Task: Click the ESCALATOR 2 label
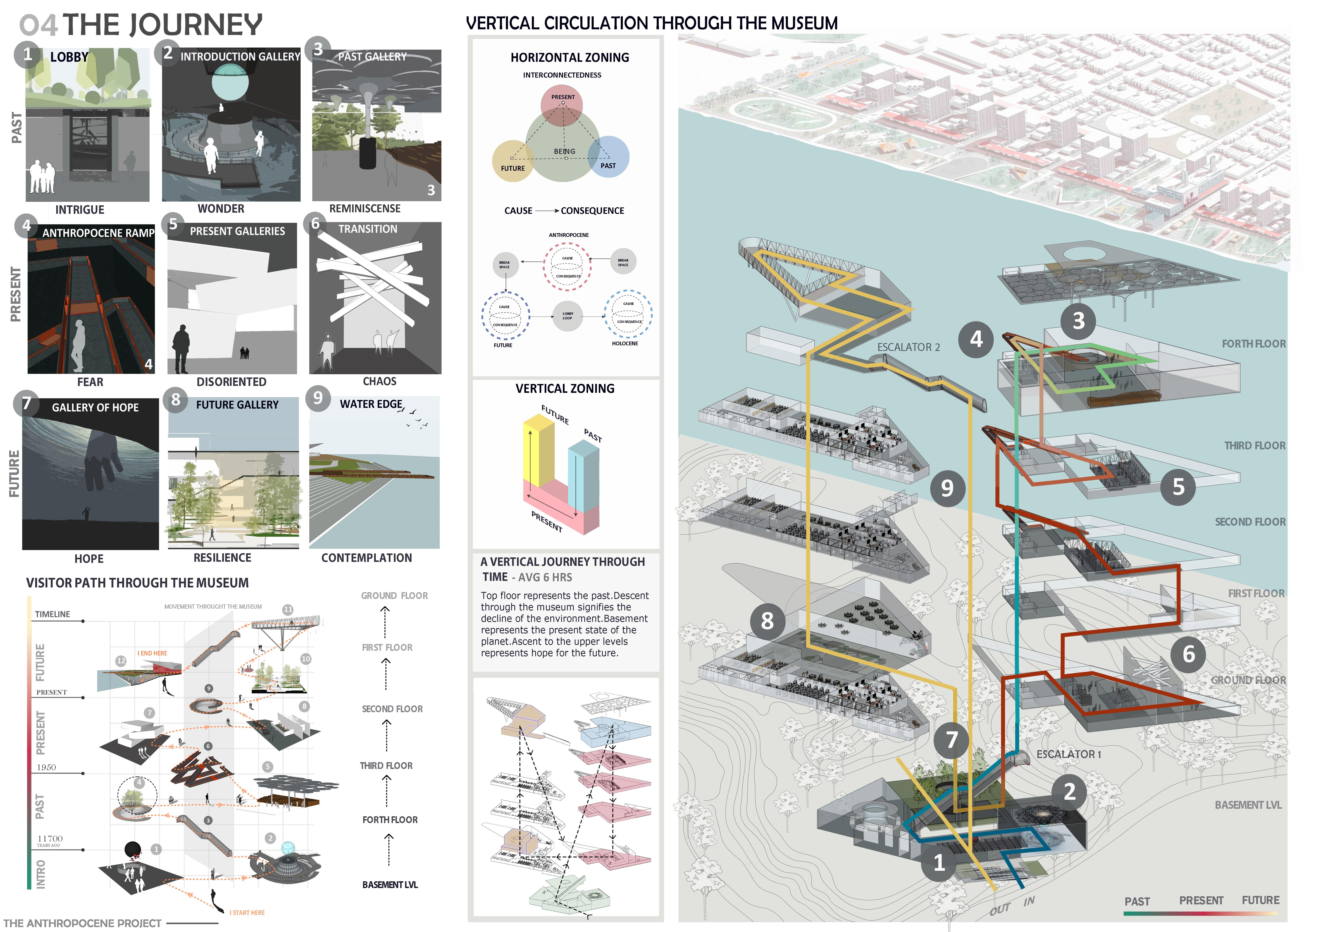(908, 347)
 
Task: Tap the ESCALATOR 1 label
(1069, 754)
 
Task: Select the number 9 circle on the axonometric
(947, 488)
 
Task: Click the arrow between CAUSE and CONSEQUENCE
(547, 211)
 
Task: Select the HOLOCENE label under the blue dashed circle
(625, 343)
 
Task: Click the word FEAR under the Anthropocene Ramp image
(90, 382)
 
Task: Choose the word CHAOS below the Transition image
(379, 381)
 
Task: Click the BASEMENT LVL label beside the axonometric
(1248, 805)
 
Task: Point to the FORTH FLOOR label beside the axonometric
(1254, 344)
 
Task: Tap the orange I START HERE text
(247, 912)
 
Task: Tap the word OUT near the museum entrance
(1000, 909)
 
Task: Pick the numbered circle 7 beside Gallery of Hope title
(27, 404)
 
